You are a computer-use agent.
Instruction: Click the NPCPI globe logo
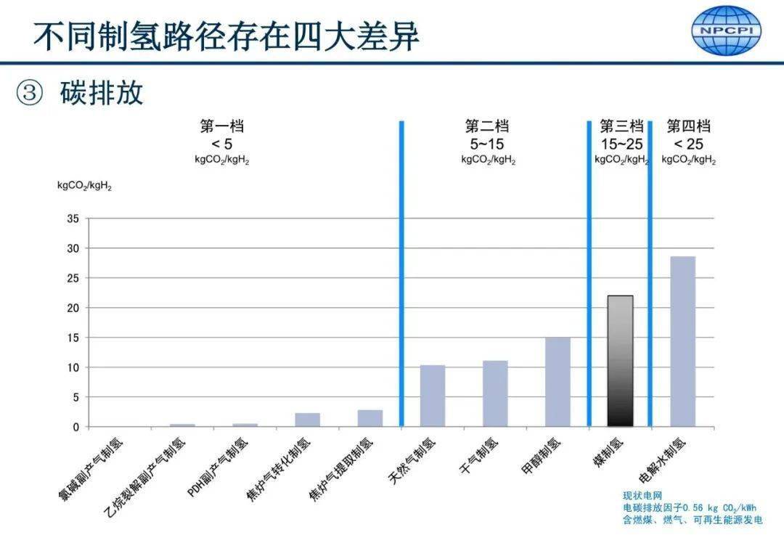[x=726, y=30]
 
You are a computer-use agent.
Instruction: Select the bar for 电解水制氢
[x=682, y=341]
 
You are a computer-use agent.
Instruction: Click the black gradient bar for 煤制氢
[x=620, y=361]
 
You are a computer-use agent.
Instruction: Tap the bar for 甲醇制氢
[x=558, y=382]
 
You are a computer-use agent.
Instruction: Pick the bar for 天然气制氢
[x=433, y=396]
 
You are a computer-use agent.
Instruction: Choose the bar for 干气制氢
[x=495, y=393]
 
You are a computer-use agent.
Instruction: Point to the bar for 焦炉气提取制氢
[x=370, y=418]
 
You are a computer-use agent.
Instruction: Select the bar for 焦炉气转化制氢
[x=308, y=420]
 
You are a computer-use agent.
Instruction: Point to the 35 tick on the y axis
[x=73, y=218]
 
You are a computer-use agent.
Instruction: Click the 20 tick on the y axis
[x=73, y=308]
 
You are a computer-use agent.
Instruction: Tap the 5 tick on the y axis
[x=75, y=397]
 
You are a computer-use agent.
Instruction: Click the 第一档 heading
[x=217, y=126]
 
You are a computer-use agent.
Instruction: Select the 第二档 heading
[x=487, y=126]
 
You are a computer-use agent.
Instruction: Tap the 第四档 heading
[x=688, y=126]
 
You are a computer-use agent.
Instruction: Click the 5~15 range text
[x=487, y=143]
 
